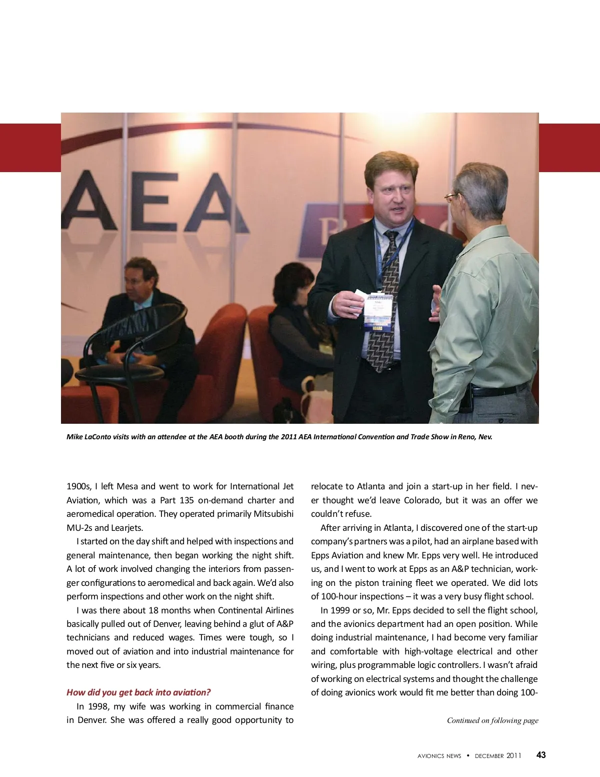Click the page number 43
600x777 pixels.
pos(541,755)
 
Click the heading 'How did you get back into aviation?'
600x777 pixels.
pos(138,692)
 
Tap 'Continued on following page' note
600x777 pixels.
pos(492,720)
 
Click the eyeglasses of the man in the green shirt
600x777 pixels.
pos(453,197)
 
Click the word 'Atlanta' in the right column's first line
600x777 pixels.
pos(371,486)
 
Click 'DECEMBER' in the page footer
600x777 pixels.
pos(489,756)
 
